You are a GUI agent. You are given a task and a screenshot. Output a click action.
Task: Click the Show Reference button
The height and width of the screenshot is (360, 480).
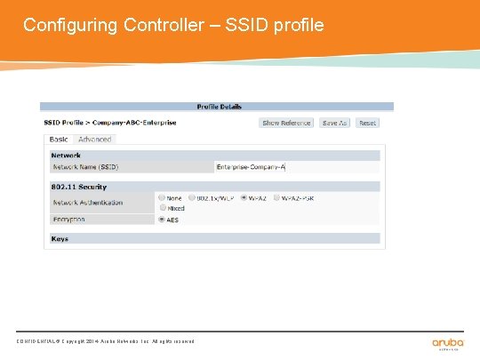(x=286, y=123)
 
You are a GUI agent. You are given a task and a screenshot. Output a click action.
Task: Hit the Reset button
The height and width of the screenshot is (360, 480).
(x=367, y=123)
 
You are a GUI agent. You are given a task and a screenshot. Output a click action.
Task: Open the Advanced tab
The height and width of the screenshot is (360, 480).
(x=94, y=140)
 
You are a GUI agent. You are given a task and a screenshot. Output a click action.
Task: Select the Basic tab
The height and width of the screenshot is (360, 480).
(x=59, y=140)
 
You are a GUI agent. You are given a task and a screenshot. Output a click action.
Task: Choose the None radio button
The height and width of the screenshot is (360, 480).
(x=161, y=198)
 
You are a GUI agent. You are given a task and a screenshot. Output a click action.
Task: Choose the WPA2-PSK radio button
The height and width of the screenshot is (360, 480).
(x=277, y=198)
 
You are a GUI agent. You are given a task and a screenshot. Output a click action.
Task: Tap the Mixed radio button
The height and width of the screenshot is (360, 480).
(x=161, y=208)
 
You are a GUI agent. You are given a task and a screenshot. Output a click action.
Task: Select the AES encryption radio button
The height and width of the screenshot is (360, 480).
(x=161, y=219)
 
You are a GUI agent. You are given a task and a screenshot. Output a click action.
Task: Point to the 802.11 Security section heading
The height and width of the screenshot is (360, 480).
(x=78, y=187)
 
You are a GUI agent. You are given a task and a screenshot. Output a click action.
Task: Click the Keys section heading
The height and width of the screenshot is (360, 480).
(x=60, y=239)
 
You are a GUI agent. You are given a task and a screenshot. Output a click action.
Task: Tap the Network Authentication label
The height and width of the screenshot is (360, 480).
(x=87, y=203)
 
